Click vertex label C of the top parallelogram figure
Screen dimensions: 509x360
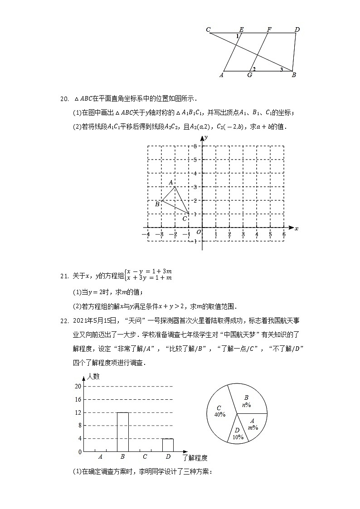tap(208, 30)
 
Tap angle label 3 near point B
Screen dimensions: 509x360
tap(281, 69)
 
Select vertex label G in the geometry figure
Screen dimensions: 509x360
tap(250, 75)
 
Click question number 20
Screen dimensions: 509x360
tap(64, 99)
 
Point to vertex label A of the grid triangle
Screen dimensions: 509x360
tap(171, 182)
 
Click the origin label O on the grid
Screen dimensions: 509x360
tap(198, 233)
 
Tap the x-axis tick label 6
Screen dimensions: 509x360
tap(284, 234)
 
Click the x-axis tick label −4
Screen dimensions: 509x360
tap(146, 234)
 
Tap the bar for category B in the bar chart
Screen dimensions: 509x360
tap(122, 432)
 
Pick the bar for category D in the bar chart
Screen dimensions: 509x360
tap(168, 445)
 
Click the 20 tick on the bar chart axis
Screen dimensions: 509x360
tap(78, 386)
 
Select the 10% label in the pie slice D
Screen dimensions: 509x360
tap(238, 437)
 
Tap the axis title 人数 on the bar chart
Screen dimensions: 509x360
tap(93, 376)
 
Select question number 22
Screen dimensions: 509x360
tap(64, 321)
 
